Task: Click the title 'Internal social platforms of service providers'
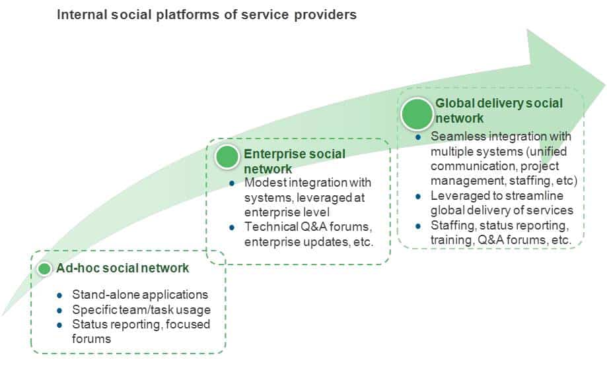tap(207, 15)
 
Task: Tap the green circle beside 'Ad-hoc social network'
tap(44, 268)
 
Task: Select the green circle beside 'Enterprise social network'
tap(227, 157)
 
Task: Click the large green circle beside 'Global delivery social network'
tap(417, 113)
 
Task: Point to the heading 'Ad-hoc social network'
tap(123, 268)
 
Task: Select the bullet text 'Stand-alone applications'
tap(140, 295)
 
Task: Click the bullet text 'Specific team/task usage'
tap(141, 310)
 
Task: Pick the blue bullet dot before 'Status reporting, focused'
tap(59, 325)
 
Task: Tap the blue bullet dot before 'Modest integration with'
tap(231, 183)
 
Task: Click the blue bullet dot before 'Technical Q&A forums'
tap(231, 228)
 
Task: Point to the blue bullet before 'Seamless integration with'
tap(418, 137)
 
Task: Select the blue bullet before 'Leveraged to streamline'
tap(418, 197)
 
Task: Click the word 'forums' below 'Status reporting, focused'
tap(91, 339)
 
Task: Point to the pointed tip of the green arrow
tap(604, 84)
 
